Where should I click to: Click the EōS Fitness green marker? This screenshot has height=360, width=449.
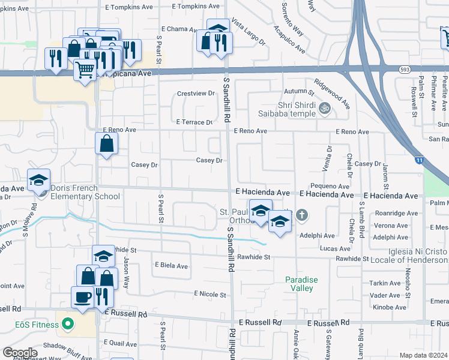(x=68, y=326)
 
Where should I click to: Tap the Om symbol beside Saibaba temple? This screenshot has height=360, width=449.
(x=325, y=108)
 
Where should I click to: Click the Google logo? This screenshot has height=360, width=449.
(x=19, y=352)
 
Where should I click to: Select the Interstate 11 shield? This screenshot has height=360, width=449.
(x=418, y=160)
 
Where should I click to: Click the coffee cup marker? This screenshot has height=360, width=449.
(x=82, y=296)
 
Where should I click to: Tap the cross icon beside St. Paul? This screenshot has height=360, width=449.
(x=302, y=214)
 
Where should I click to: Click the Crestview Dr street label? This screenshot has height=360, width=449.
(x=196, y=94)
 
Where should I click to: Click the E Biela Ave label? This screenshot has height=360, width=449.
(x=171, y=266)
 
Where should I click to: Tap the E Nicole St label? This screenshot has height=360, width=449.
(x=210, y=295)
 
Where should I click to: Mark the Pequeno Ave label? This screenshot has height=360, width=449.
(x=330, y=187)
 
